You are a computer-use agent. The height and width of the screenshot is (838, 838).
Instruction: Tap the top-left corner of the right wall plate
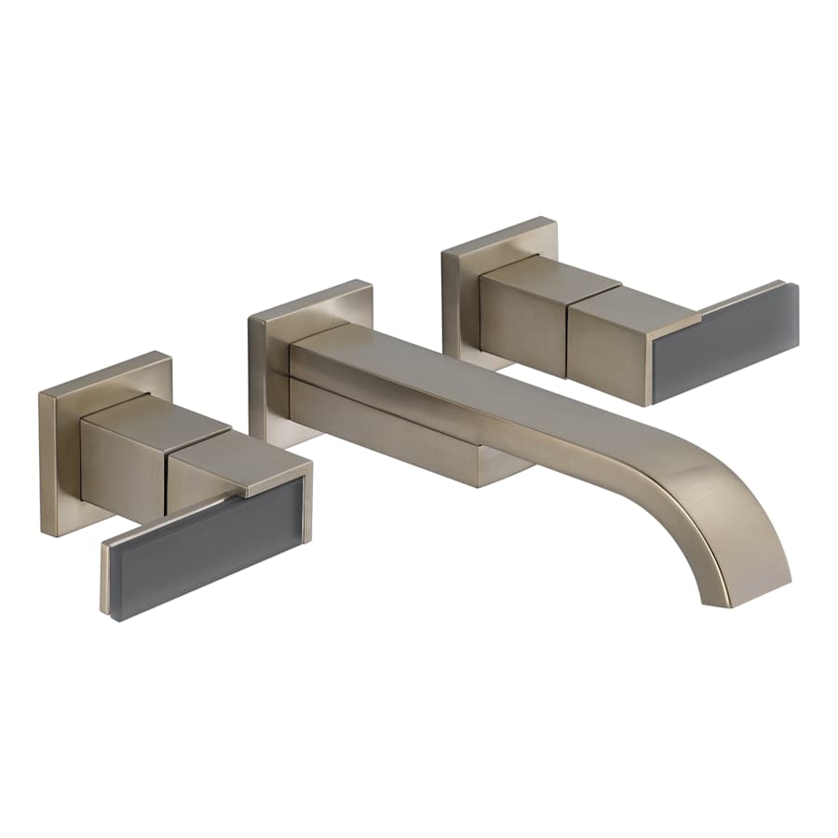444,249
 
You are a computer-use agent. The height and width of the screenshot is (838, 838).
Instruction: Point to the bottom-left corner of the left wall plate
44,534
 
